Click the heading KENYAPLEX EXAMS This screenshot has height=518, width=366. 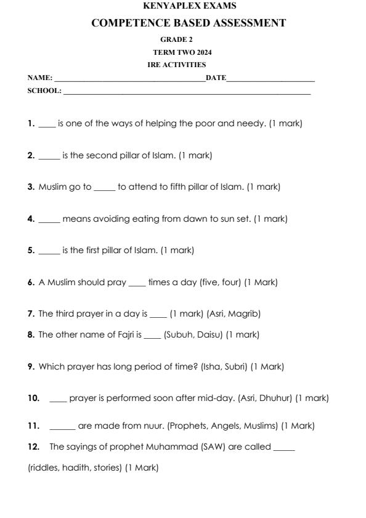click(x=189, y=6)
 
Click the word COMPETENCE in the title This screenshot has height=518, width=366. click(x=127, y=23)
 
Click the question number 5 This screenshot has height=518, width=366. click(x=31, y=250)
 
